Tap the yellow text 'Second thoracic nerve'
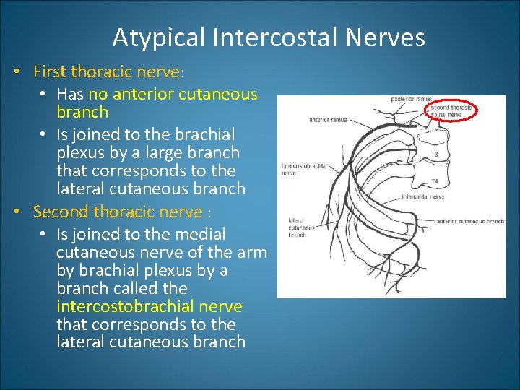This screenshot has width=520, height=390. [x=118, y=212]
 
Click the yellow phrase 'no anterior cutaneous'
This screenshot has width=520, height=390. [x=173, y=94]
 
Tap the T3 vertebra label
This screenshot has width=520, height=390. [x=435, y=155]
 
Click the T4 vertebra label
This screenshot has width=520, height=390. [x=435, y=181]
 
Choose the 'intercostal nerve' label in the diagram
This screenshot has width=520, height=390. [x=422, y=196]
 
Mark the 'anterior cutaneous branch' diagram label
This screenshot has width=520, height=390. [x=470, y=221]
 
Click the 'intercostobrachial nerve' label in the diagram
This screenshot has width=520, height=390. [x=303, y=170]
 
